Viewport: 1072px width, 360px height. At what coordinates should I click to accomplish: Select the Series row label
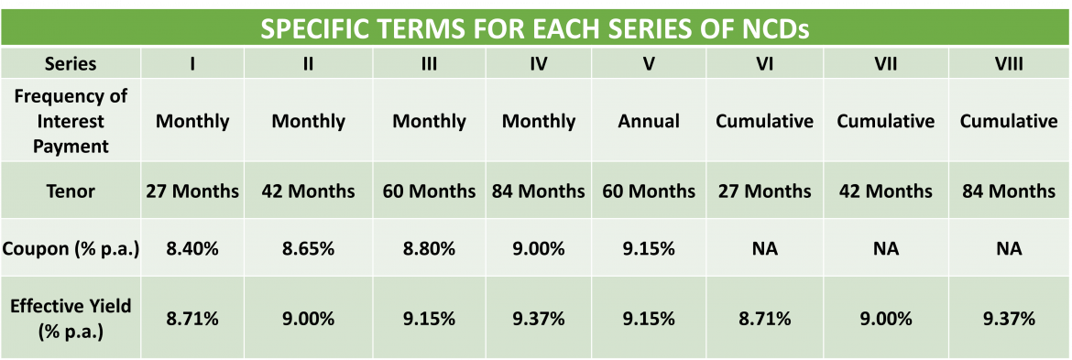click(x=71, y=64)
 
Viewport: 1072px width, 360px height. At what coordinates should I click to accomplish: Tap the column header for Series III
click(x=429, y=64)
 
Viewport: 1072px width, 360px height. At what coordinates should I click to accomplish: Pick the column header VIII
click(x=1008, y=64)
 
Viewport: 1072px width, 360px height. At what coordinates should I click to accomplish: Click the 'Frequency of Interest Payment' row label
click(x=71, y=121)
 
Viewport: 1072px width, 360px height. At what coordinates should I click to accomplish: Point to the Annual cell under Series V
click(x=649, y=121)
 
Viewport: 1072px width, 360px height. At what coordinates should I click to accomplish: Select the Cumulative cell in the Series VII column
click(x=885, y=121)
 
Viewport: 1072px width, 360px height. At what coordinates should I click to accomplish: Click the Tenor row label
click(x=71, y=191)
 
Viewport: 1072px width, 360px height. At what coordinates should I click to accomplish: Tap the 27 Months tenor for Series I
click(x=192, y=191)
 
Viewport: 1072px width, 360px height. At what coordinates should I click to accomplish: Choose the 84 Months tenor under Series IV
click(x=539, y=191)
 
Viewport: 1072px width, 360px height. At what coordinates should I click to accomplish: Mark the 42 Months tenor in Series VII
click(x=885, y=191)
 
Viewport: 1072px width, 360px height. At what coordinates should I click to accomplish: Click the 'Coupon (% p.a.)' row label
click(x=71, y=248)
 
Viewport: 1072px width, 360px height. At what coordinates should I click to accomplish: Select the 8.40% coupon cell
click(x=192, y=248)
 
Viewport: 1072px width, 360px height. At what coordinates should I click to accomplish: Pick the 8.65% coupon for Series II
click(x=308, y=248)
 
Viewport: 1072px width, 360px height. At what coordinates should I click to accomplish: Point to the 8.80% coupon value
click(x=429, y=248)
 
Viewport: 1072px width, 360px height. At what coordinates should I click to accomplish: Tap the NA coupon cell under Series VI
click(x=764, y=248)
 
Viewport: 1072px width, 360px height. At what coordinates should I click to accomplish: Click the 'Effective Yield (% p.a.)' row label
click(x=71, y=319)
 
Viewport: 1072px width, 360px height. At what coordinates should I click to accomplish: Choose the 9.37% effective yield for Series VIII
click(x=1008, y=319)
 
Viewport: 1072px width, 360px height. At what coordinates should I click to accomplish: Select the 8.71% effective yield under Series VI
click(x=764, y=319)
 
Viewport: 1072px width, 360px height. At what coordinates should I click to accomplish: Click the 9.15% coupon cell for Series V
click(x=649, y=248)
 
